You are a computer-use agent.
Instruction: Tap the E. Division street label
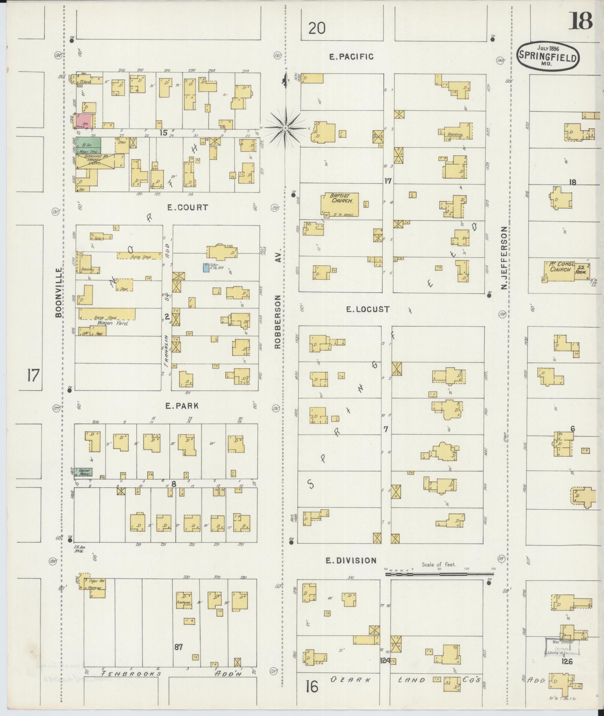(x=350, y=560)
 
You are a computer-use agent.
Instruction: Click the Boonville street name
(x=58, y=292)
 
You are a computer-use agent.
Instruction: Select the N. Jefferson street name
(x=504, y=258)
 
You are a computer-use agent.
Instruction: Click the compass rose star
(x=285, y=128)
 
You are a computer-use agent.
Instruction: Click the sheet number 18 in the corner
(x=580, y=21)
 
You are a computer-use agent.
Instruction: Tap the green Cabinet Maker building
(x=83, y=472)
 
